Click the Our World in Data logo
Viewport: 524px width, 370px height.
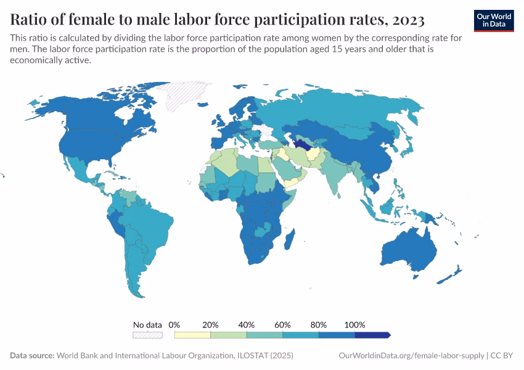(x=493, y=20)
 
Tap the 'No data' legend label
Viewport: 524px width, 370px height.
(x=147, y=324)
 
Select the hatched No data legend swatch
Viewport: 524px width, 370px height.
(x=147, y=335)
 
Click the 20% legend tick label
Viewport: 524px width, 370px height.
(x=211, y=324)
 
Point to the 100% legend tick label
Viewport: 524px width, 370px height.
(x=355, y=324)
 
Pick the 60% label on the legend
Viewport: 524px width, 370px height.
(x=283, y=324)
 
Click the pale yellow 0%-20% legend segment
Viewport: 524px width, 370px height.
(x=192, y=335)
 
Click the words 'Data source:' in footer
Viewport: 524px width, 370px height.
(x=32, y=356)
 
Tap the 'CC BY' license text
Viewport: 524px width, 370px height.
(x=502, y=356)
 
